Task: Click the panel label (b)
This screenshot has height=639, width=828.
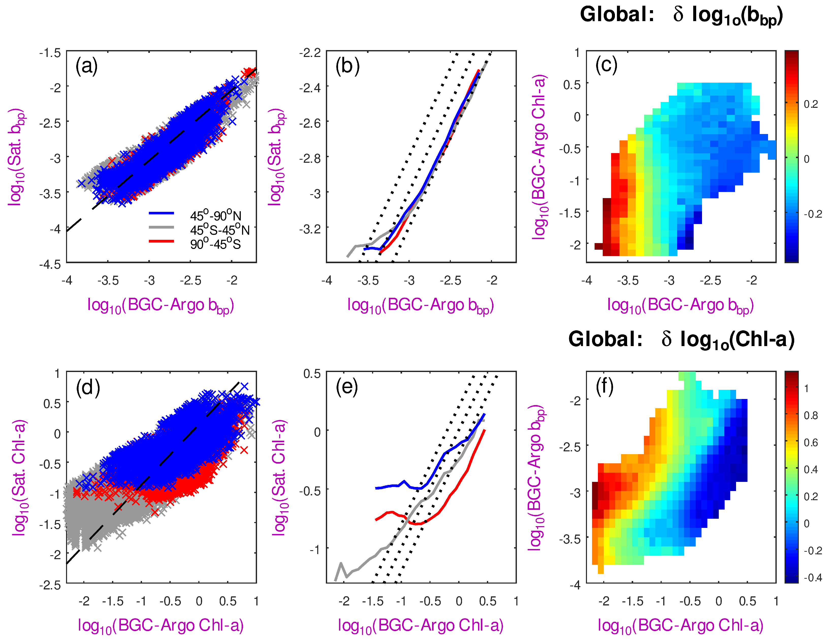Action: pyautogui.click(x=347, y=66)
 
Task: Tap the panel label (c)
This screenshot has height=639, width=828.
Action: pyautogui.click(x=606, y=65)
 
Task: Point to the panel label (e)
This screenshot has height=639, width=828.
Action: pyautogui.click(x=347, y=388)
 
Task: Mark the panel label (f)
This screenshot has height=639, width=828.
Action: pyautogui.click(x=605, y=387)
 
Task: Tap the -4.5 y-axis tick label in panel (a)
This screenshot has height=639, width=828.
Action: pyautogui.click(x=50, y=264)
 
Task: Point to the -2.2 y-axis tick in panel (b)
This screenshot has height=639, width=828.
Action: pyautogui.click(x=310, y=53)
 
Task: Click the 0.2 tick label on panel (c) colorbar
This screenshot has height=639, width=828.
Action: pyautogui.click(x=811, y=104)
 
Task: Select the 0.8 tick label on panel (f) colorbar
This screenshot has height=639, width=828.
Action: pyautogui.click(x=811, y=415)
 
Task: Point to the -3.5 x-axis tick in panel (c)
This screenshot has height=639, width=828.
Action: pyautogui.click(x=628, y=281)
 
